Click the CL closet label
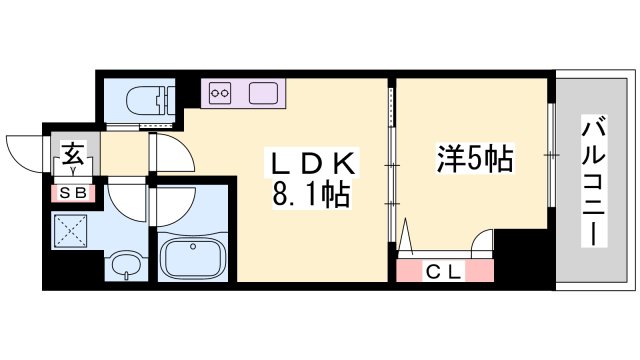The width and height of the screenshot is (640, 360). (x=445, y=269)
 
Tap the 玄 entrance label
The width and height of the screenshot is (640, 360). (x=74, y=155)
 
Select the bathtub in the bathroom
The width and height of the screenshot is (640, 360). (x=192, y=259)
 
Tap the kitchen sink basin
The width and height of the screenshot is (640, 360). (x=265, y=93)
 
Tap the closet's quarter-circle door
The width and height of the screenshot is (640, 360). (x=481, y=241)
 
